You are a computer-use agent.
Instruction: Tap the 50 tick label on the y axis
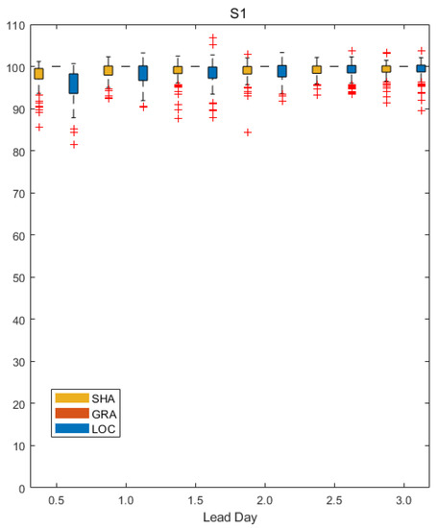click(x=16, y=277)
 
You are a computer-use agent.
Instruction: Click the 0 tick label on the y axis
click(x=20, y=488)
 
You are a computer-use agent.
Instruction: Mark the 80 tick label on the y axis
click(x=16, y=152)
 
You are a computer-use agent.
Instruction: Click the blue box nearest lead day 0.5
click(x=74, y=84)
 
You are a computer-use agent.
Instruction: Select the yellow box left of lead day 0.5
click(x=38, y=74)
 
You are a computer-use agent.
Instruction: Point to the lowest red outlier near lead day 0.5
click(x=74, y=144)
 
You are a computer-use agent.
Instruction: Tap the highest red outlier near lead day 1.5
click(x=212, y=37)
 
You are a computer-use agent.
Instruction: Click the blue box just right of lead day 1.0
click(x=143, y=73)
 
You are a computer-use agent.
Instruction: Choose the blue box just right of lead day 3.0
click(x=421, y=68)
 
